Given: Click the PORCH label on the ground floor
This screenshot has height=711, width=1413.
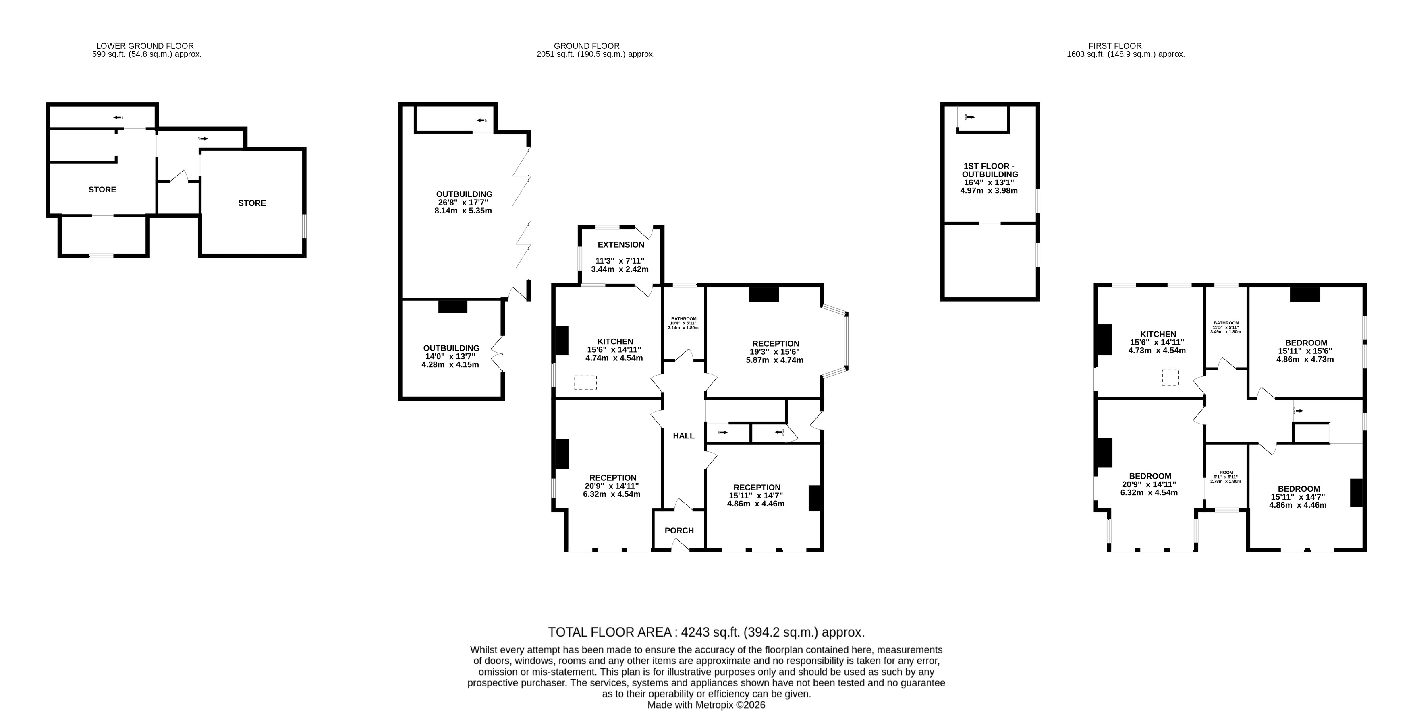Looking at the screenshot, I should [x=679, y=531].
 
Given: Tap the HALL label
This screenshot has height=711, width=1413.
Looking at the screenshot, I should [x=683, y=436].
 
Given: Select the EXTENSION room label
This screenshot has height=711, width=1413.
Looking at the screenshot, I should [x=621, y=244].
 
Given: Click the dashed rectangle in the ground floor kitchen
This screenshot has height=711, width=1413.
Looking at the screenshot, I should [x=585, y=382].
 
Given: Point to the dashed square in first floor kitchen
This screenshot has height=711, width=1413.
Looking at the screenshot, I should [x=1170, y=378].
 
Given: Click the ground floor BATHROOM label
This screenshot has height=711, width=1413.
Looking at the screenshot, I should [x=683, y=319].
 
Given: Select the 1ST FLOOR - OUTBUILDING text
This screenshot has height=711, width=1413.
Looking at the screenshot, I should [x=990, y=170].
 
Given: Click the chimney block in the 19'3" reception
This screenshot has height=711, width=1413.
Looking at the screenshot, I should [x=764, y=294].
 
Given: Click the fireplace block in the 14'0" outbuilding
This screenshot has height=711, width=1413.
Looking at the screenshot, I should [x=452, y=306].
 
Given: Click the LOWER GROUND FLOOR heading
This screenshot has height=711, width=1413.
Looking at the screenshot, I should [x=145, y=46].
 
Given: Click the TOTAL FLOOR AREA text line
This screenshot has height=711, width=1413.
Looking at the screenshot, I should [x=706, y=632].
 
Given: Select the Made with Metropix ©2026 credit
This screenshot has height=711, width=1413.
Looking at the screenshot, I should [x=706, y=705].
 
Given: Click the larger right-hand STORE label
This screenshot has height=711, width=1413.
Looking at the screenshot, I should [x=252, y=203].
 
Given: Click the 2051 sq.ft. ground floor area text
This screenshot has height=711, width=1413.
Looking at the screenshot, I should [x=595, y=54].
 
